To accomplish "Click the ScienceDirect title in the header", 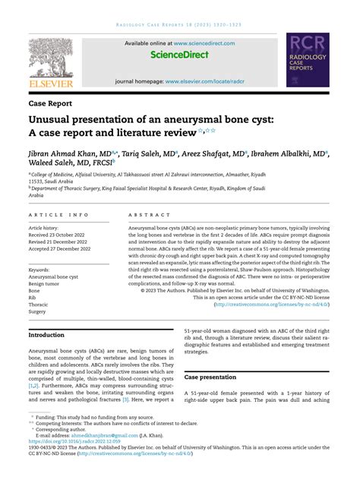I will (x=179, y=55).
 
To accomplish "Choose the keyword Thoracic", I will (x=41, y=304).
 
